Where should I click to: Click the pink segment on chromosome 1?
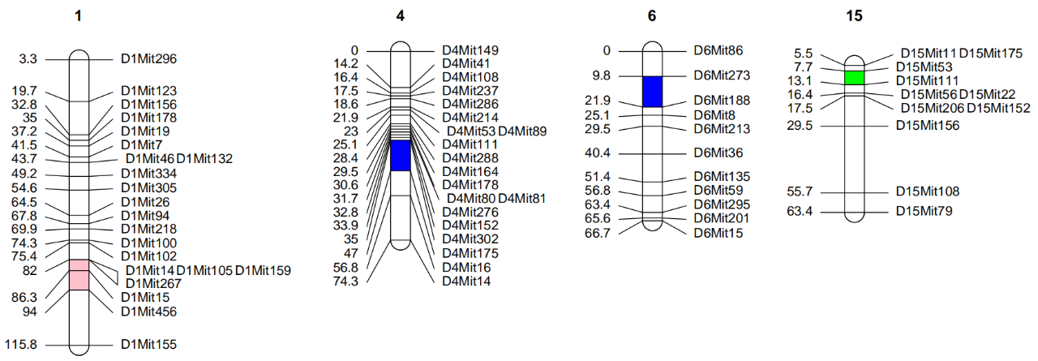pyautogui.click(x=79, y=274)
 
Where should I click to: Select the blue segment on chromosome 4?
pyautogui.click(x=401, y=155)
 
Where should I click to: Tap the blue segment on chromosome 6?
pyautogui.click(x=653, y=92)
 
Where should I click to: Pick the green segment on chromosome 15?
pyautogui.click(x=854, y=77)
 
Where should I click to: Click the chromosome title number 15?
pyautogui.click(x=854, y=15)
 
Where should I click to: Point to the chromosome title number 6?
pyautogui.click(x=652, y=15)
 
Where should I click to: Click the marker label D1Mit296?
pyautogui.click(x=148, y=58)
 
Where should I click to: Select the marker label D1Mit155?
pyautogui.click(x=148, y=345)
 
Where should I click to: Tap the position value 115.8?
pyautogui.click(x=21, y=345)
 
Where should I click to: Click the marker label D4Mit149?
pyautogui.click(x=470, y=50)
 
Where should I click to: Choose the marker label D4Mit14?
pyautogui.click(x=466, y=281)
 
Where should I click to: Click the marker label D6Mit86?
pyautogui.click(x=718, y=50)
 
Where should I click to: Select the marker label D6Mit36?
pyautogui.click(x=718, y=153)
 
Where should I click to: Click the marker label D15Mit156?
pyautogui.click(x=927, y=126)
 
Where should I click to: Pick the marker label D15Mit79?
pyautogui.click(x=924, y=212)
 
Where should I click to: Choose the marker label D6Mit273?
pyautogui.click(x=722, y=75)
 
